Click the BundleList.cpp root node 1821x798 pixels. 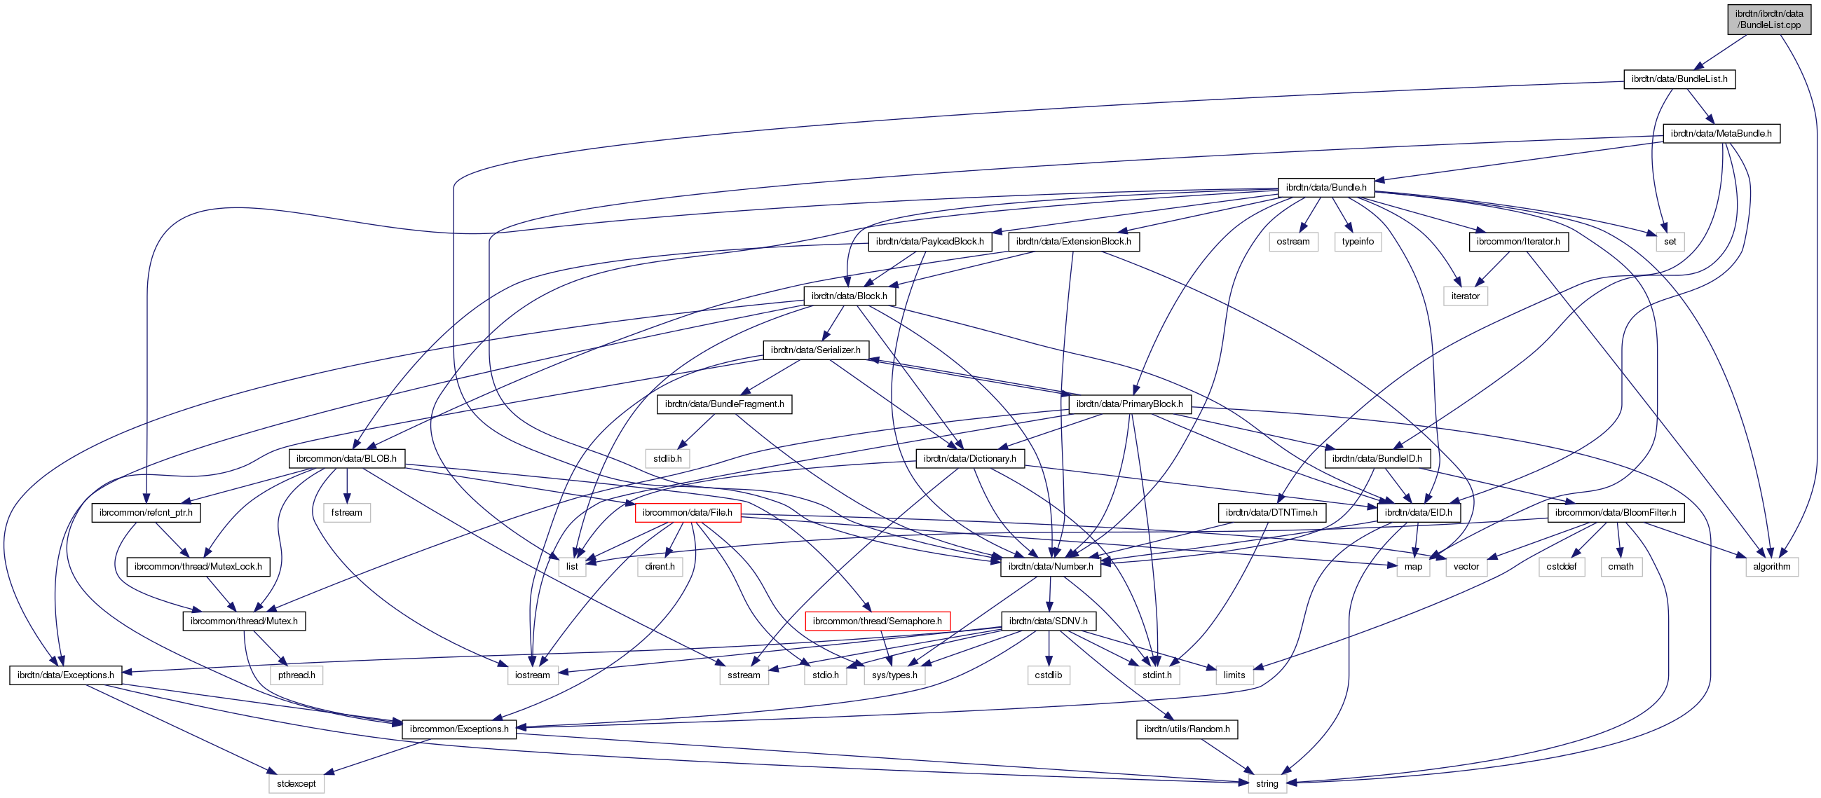[x=1768, y=19]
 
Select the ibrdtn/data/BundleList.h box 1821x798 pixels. [x=1679, y=79]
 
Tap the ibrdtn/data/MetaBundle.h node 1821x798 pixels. [x=1721, y=134]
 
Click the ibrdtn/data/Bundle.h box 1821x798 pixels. [x=1325, y=187]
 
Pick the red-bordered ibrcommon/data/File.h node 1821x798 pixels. [x=687, y=512]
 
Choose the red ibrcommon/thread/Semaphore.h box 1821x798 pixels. [x=877, y=621]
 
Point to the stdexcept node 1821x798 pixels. [x=296, y=784]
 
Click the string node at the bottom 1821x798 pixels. [x=1267, y=784]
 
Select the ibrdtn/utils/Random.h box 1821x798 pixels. [x=1186, y=729]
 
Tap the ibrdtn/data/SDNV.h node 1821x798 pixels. [x=1048, y=621]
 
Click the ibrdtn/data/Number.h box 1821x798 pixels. [x=1051, y=567]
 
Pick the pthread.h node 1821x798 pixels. [x=296, y=675]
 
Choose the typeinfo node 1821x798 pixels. [x=1357, y=242]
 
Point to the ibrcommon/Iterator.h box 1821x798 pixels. [x=1518, y=242]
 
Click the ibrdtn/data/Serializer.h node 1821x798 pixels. [x=815, y=350]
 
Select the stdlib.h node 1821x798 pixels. [x=667, y=459]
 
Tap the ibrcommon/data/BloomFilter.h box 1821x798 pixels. [x=1616, y=512]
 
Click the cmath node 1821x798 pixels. [x=1621, y=567]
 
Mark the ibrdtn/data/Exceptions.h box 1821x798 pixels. [x=66, y=675]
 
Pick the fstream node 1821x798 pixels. [x=346, y=512]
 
